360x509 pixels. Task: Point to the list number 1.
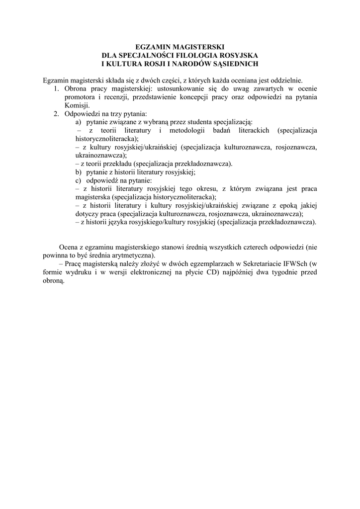pyautogui.click(x=56, y=88)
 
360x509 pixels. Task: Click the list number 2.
pyautogui.click(x=56, y=114)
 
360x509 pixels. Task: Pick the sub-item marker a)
pyautogui.click(x=79, y=122)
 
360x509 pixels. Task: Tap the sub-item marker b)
pyautogui.click(x=79, y=172)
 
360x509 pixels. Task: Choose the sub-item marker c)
pyautogui.click(x=79, y=181)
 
